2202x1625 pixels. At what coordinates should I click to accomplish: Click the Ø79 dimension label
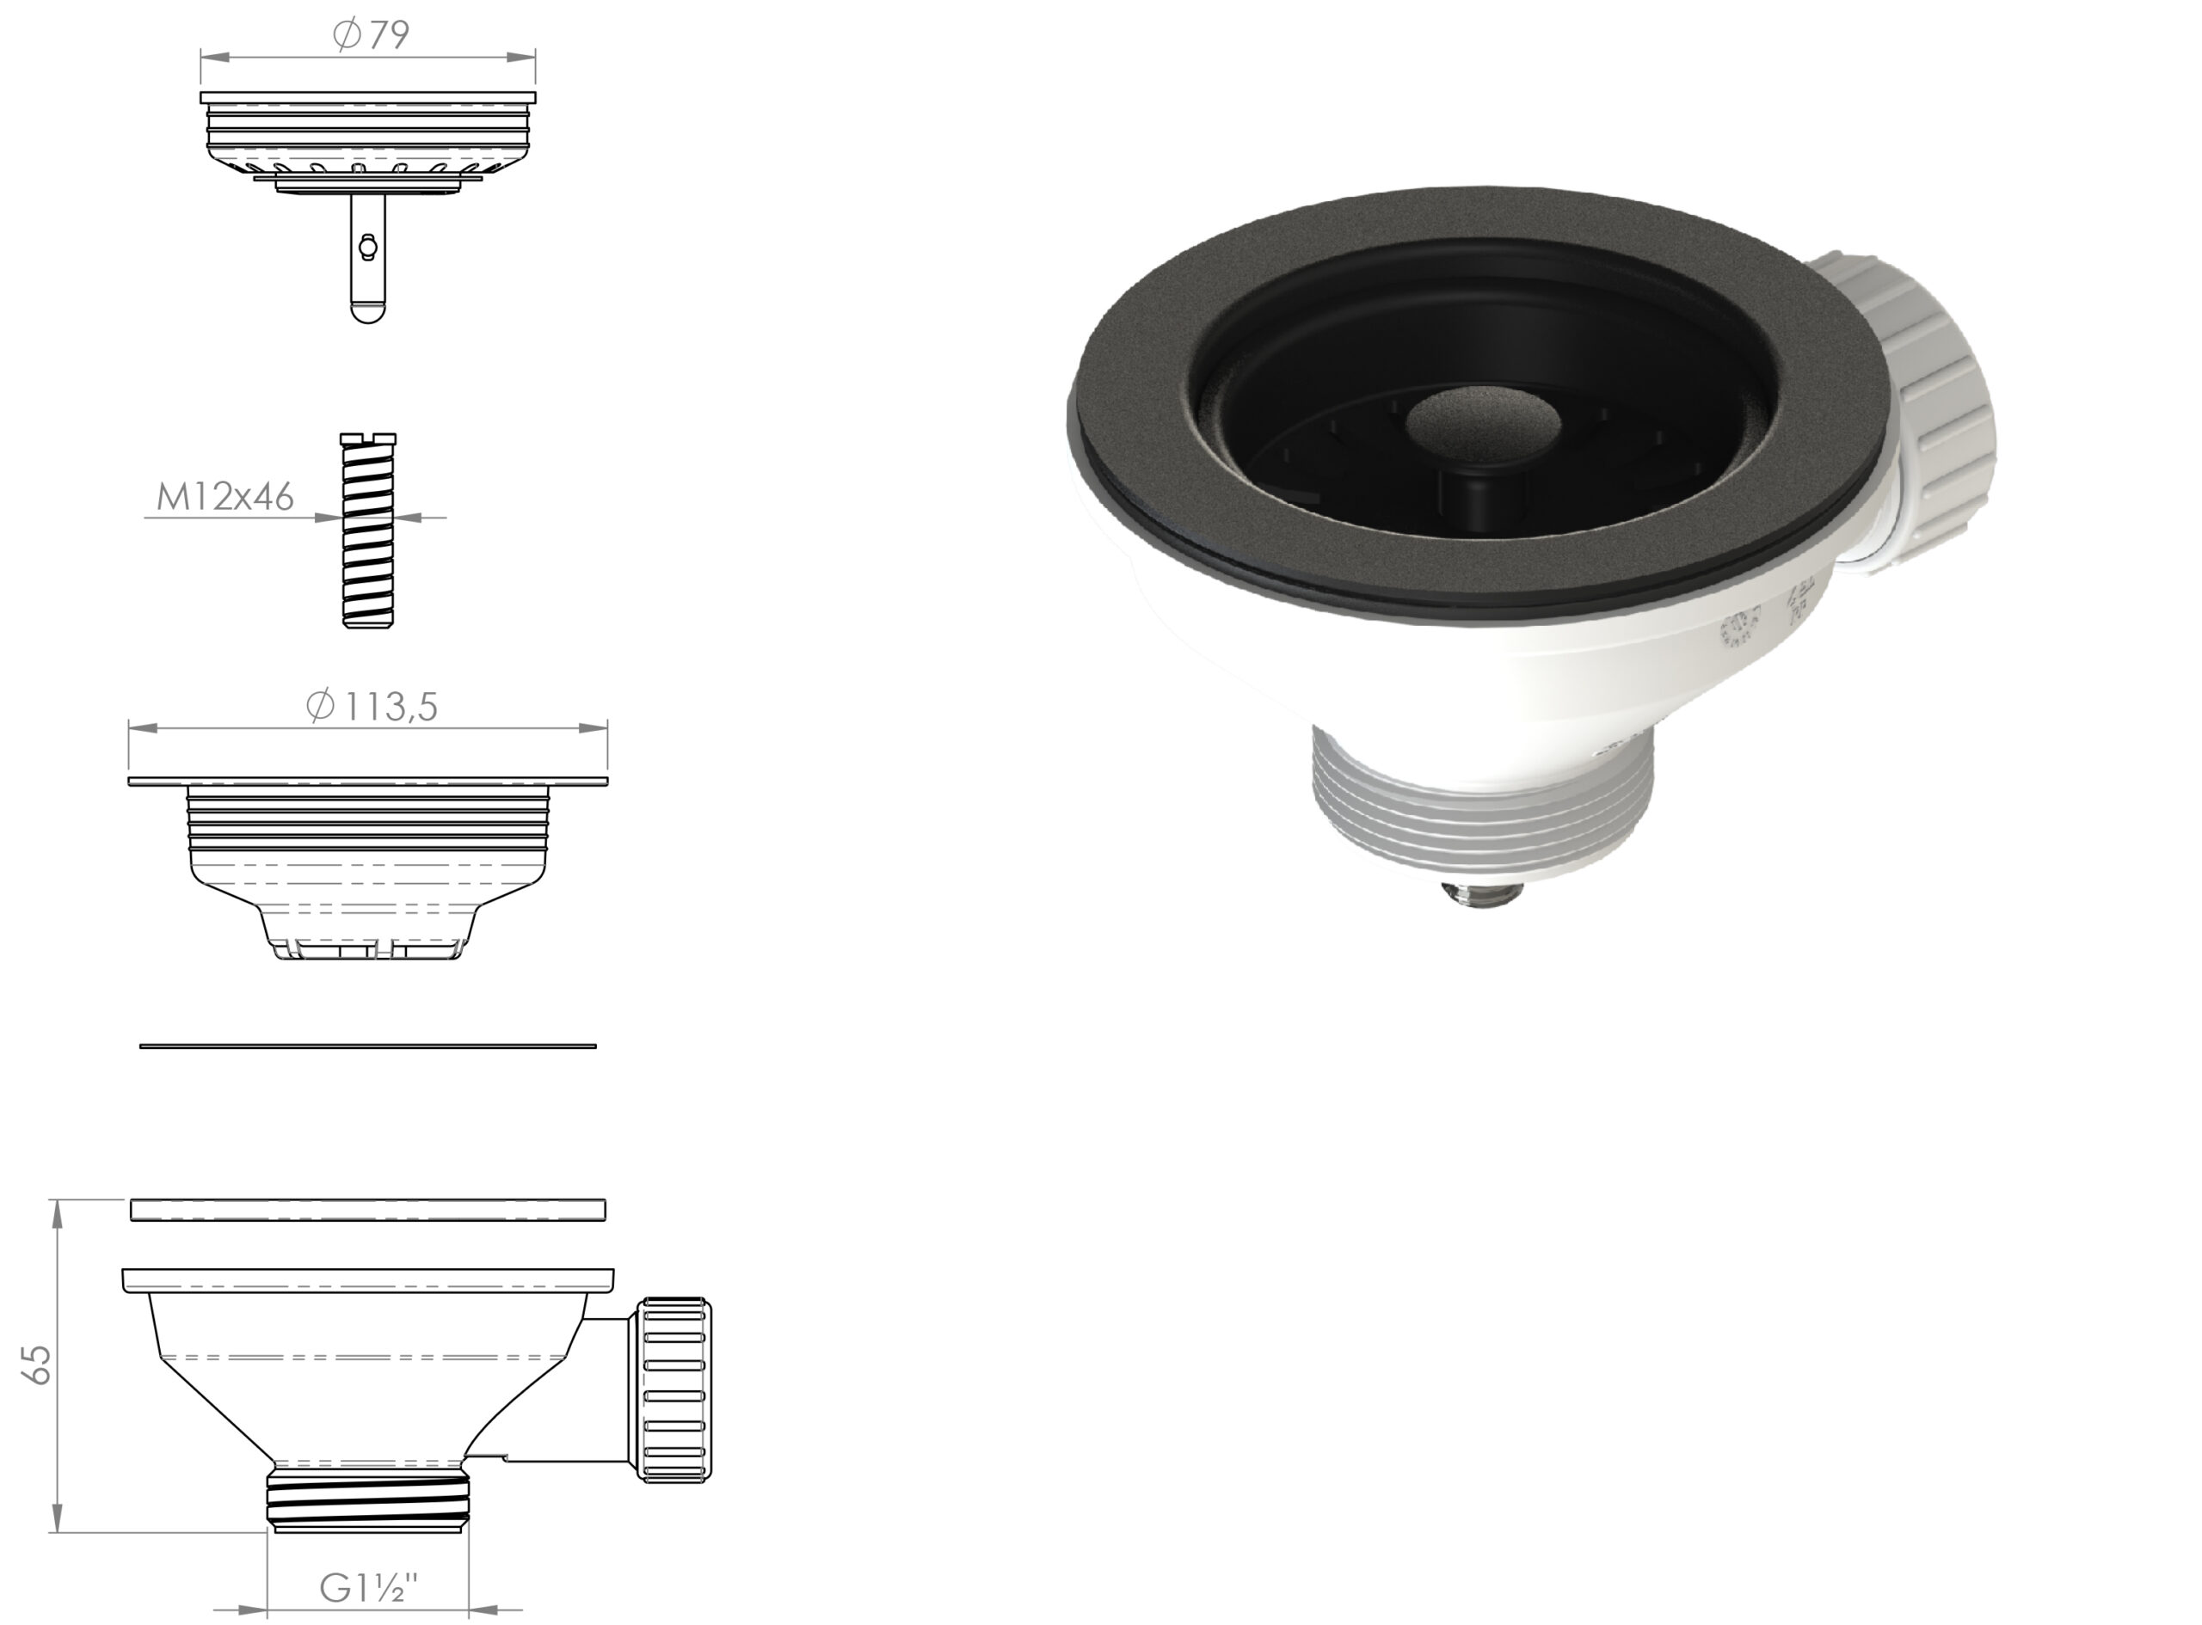371,35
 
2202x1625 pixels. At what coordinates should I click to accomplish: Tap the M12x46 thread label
225,498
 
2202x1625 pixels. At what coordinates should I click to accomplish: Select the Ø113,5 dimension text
371,706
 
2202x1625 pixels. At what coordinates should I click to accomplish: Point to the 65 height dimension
37,1365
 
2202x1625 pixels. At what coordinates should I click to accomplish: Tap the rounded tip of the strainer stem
367,311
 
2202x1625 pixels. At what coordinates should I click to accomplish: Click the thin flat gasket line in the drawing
368,1046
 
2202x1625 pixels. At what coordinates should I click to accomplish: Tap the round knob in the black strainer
1483,425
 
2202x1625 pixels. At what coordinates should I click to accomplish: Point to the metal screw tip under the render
1482,894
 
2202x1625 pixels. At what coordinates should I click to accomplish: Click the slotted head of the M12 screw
368,438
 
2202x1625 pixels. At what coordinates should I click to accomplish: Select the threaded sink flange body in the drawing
368,855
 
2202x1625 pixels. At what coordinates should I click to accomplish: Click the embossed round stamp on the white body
1738,627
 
